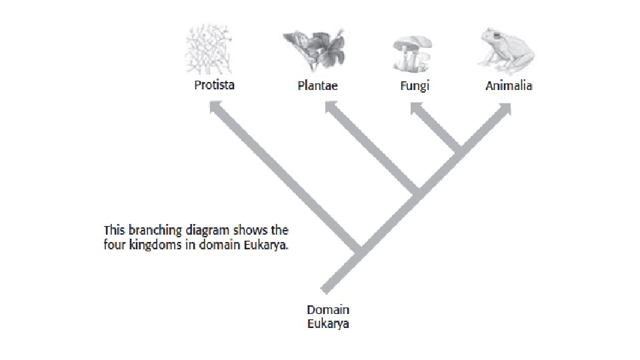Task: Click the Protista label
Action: tap(214, 85)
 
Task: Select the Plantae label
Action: tap(317, 86)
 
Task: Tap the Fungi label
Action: tap(415, 86)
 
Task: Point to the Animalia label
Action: tap(509, 86)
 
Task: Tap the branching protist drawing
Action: tap(212, 50)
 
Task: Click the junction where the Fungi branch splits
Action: tap(457, 151)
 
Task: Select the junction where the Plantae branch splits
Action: tap(415, 193)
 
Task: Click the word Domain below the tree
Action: tap(328, 310)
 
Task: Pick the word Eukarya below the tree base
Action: tap(328, 325)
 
